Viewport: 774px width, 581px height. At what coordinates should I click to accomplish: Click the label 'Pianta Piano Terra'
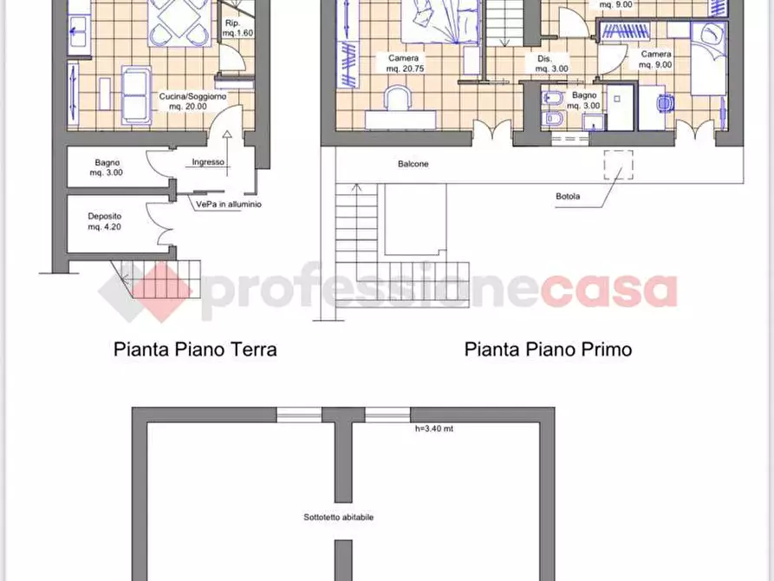coord(195,349)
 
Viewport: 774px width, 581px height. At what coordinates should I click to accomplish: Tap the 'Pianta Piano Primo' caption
coord(548,349)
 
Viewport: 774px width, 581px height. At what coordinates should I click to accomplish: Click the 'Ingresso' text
coord(208,162)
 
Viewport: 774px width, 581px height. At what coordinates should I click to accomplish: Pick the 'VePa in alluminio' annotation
coord(228,205)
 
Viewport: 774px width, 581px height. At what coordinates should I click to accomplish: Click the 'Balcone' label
coord(413,164)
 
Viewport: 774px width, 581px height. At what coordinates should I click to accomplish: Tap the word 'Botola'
coord(569,196)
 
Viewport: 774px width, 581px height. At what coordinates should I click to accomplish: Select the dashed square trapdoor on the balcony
coord(618,164)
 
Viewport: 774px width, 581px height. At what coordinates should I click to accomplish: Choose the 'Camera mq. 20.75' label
coord(405,63)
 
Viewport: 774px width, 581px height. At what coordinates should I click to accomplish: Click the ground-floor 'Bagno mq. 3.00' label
coord(108,167)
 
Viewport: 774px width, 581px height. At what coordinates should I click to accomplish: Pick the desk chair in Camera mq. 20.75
coord(400,98)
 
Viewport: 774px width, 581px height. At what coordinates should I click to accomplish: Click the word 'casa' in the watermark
coord(608,290)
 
